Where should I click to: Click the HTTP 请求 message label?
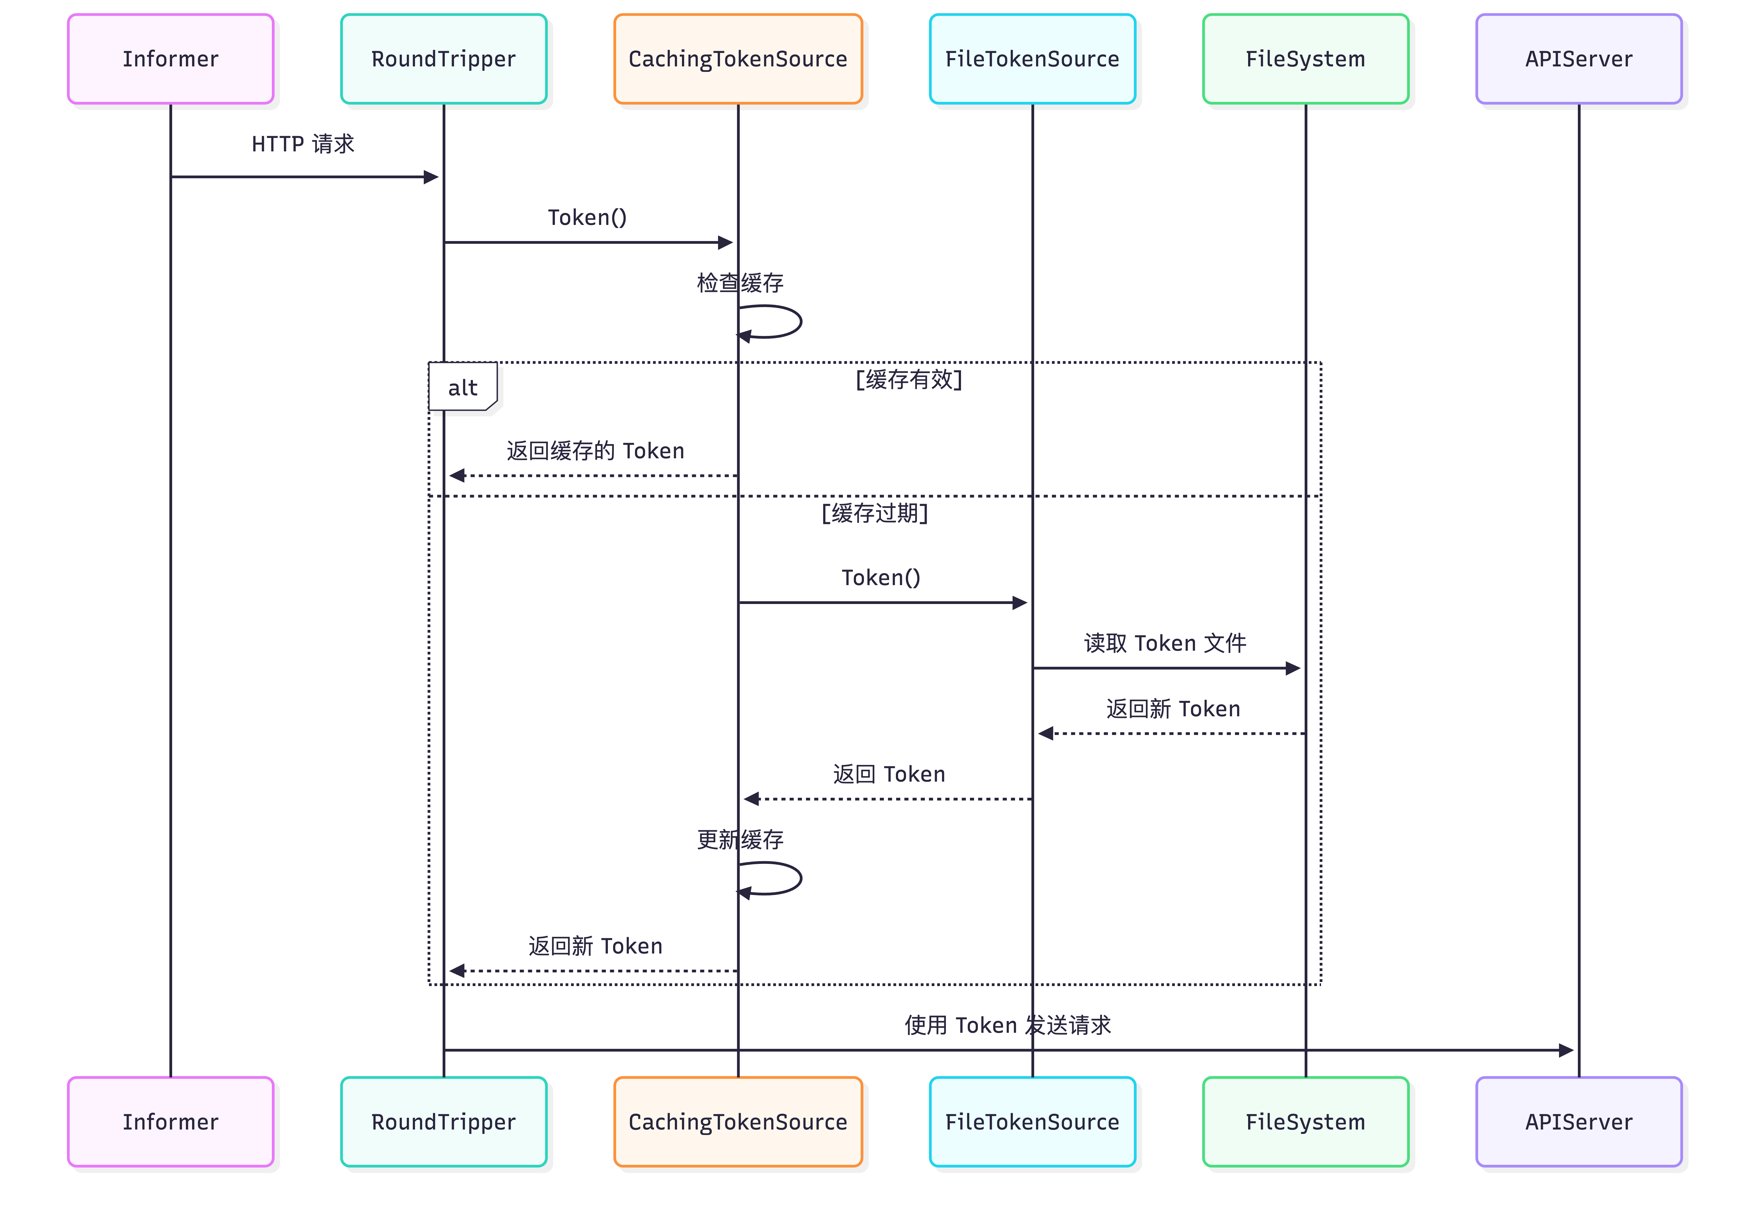[302, 144]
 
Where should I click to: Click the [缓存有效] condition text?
[908, 379]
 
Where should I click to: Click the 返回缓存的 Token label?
[595, 451]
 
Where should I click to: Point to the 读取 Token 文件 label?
[1165, 643]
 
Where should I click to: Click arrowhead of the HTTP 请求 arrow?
[431, 177]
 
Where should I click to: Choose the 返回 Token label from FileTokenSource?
[889, 774]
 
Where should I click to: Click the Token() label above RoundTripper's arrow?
[587, 217]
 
